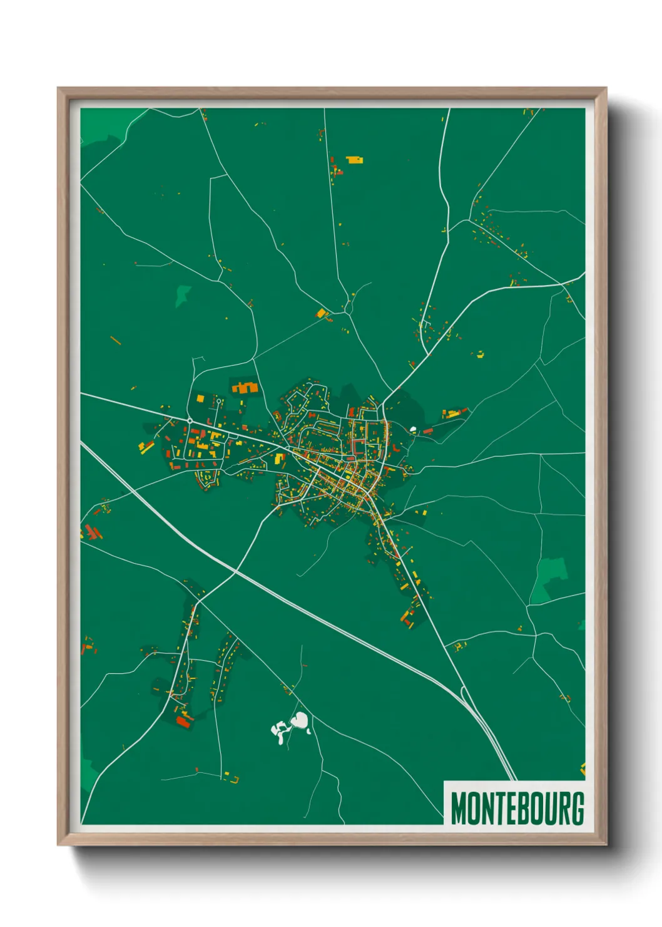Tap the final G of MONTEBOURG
(577, 809)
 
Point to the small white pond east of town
(413, 430)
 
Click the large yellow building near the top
(354, 160)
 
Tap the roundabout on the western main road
(189, 420)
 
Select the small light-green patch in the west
(183, 294)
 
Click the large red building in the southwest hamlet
(183, 722)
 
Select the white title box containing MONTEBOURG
(514, 803)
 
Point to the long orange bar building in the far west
(115, 341)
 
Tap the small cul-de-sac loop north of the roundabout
(218, 400)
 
